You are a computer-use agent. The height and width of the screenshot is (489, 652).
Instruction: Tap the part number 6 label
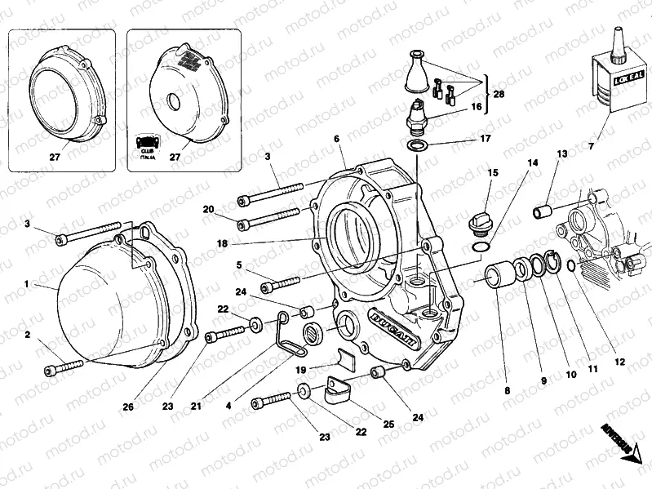[336, 140]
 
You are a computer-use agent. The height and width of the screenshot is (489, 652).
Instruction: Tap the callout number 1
[26, 285]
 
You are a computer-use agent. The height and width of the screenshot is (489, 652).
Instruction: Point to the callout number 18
[222, 243]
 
